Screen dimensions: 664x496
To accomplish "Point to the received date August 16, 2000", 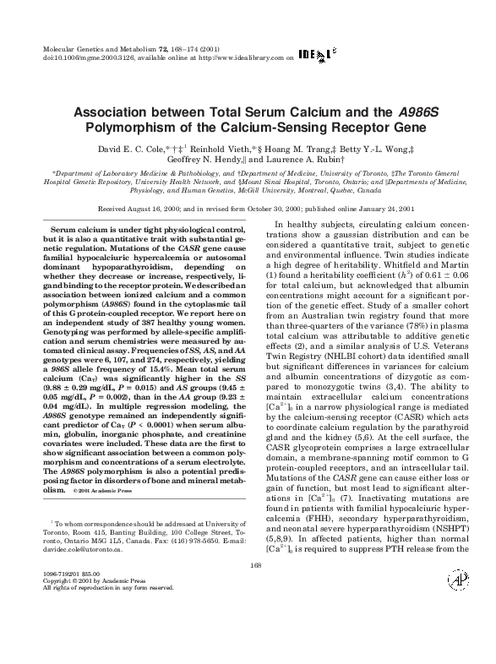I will [x=166, y=208].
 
